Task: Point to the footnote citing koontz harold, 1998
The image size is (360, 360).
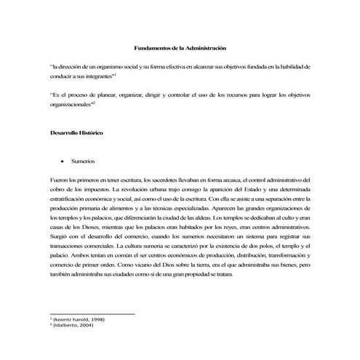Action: click(x=76, y=319)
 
